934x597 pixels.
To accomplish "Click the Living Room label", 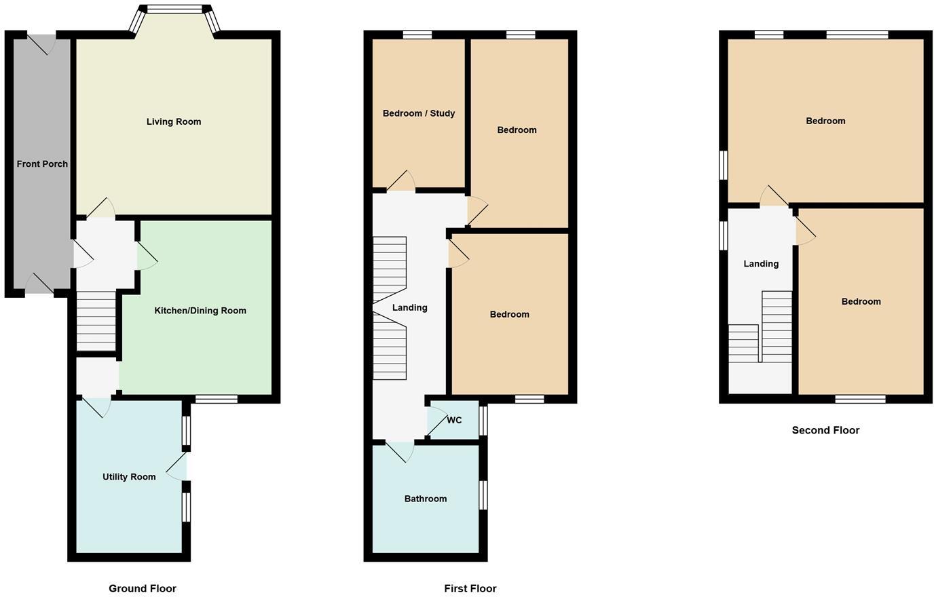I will coord(174,122).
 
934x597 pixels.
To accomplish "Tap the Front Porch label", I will coord(42,164).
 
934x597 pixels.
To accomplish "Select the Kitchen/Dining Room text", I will coord(200,311).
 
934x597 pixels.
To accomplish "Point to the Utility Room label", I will coord(129,477).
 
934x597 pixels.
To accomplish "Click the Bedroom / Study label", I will coord(419,113).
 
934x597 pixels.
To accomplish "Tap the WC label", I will coord(454,421).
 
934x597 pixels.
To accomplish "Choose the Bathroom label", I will coord(426,499).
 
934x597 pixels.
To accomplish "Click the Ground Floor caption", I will coord(143,589).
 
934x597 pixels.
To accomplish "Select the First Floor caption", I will coord(470,589).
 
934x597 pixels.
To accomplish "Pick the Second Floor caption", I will coord(825,430).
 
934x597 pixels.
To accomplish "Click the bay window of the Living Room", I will coord(175,10).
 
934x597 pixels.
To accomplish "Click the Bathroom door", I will coord(400,450).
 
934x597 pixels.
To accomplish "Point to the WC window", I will coord(483,421).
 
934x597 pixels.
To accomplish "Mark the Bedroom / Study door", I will coord(400,181).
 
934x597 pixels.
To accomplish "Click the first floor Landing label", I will coord(410,308).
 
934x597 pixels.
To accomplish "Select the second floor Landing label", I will coord(761,264).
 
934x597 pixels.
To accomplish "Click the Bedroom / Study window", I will coord(417,35).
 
